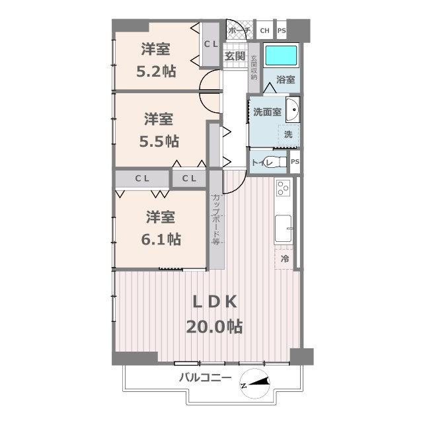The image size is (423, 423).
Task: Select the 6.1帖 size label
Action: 161,238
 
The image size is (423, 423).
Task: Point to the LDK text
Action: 214,302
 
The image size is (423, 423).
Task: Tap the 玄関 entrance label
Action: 235,56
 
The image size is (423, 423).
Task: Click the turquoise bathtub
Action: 282,56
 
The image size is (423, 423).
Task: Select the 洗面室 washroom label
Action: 267,112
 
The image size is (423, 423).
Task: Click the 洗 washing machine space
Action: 288,134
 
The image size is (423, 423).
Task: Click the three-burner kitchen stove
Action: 283,188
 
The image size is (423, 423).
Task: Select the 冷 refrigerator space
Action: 286,259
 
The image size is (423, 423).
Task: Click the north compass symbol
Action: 256,385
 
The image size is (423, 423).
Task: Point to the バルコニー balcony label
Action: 205,378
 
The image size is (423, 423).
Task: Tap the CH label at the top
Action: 264,30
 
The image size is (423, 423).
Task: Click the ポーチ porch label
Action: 239,30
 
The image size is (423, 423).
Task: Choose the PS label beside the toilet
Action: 295,161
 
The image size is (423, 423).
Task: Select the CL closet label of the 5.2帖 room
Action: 211,44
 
